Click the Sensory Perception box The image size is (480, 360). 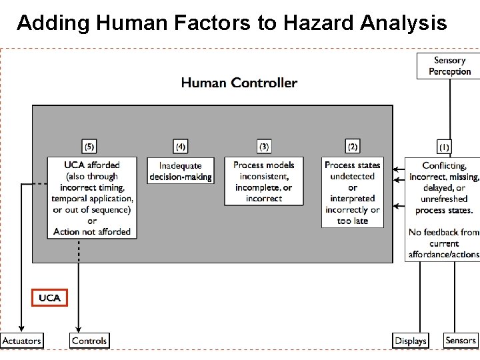[448, 66]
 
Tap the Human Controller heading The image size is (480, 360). [239, 83]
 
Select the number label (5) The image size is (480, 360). [89, 146]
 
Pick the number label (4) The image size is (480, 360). [180, 146]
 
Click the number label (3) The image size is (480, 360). [264, 146]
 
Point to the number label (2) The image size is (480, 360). [353, 146]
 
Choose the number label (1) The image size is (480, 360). [444, 146]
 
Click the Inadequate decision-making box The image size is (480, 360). [181, 171]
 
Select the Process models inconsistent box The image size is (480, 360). [264, 181]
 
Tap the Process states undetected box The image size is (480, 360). [353, 192]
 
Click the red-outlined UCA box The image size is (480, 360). [49, 297]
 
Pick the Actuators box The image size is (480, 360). [21, 340]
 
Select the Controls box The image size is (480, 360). [89, 340]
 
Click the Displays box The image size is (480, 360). [410, 340]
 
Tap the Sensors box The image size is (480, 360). [461, 340]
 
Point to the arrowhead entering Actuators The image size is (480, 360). [21, 328]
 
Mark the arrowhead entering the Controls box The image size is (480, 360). [79, 328]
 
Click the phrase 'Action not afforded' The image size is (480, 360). [92, 232]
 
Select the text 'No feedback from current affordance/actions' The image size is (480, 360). [443, 243]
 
